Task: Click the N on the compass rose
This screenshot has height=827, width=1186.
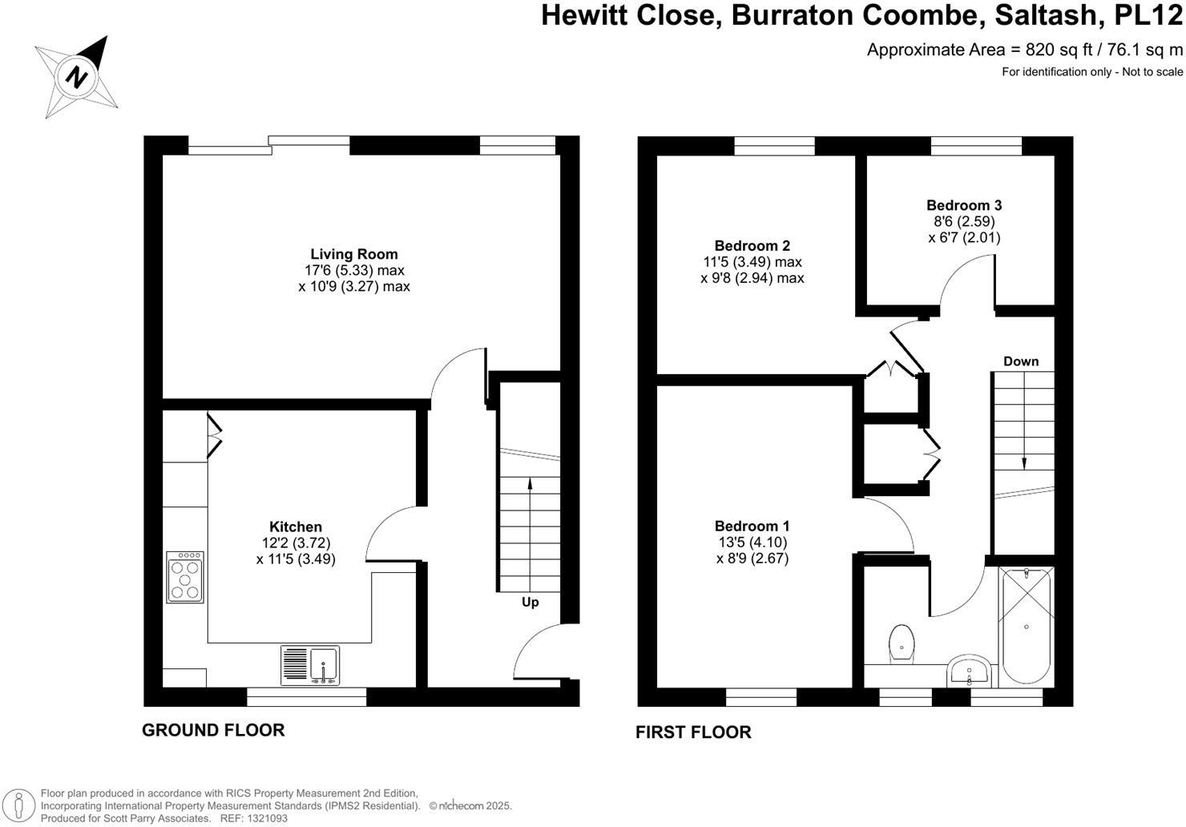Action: [76, 77]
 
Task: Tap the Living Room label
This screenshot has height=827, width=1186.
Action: [353, 254]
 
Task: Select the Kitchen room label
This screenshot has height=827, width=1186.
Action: [296, 526]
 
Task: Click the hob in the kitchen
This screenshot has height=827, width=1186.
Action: [185, 578]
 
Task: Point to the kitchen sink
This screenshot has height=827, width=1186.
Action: [310, 665]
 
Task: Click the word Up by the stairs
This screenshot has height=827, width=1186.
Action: [530, 603]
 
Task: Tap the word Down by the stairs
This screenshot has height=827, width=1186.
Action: [1021, 361]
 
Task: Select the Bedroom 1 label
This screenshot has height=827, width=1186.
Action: [752, 526]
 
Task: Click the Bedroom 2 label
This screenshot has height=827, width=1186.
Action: [752, 246]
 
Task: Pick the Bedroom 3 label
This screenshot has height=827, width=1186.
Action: [964, 205]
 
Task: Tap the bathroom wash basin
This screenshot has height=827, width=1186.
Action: [969, 671]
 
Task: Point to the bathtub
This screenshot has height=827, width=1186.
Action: [1026, 627]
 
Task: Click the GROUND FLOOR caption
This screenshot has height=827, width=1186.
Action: [213, 730]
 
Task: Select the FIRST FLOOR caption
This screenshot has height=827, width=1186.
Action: [693, 732]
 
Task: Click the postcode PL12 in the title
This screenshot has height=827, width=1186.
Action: [1148, 14]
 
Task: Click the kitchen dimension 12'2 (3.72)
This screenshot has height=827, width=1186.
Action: [296, 543]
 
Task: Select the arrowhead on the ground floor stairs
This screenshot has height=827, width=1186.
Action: [530, 483]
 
